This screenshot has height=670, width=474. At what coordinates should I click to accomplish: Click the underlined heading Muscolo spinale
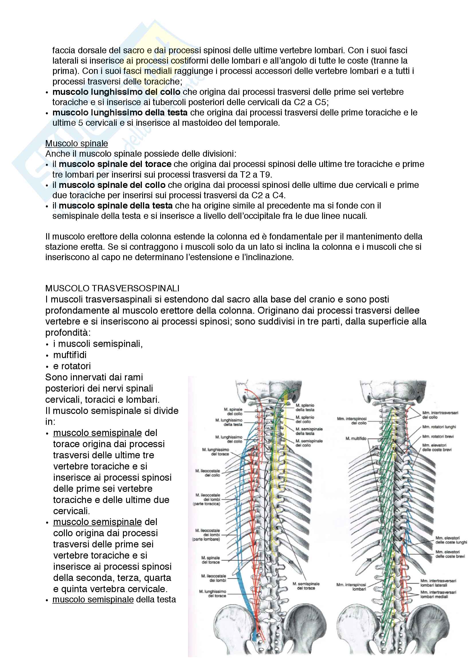point(77,144)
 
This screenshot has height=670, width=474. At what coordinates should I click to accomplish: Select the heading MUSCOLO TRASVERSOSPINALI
point(112,288)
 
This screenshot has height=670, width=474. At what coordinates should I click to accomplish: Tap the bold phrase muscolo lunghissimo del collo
point(116,92)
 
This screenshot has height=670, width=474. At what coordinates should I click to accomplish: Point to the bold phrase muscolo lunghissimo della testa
point(120,113)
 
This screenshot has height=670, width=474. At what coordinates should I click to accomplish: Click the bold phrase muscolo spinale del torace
point(115,164)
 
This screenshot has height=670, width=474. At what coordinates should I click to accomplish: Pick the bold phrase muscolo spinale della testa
point(115,206)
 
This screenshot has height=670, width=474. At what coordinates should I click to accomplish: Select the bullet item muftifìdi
point(70,355)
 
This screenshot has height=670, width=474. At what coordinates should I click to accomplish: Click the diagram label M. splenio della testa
point(305,407)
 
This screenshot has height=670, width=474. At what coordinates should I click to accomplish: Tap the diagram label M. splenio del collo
point(305,419)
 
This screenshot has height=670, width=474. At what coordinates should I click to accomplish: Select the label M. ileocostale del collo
point(208,473)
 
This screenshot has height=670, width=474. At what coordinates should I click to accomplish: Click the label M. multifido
point(356,439)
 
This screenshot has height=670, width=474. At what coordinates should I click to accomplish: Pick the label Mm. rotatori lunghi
point(439,427)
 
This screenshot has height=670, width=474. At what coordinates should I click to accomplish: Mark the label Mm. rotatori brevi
point(438,437)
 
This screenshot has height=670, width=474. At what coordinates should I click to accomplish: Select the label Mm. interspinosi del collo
point(352,421)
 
